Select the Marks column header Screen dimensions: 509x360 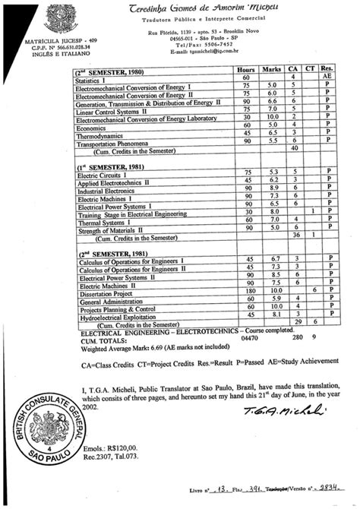click(x=271, y=70)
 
